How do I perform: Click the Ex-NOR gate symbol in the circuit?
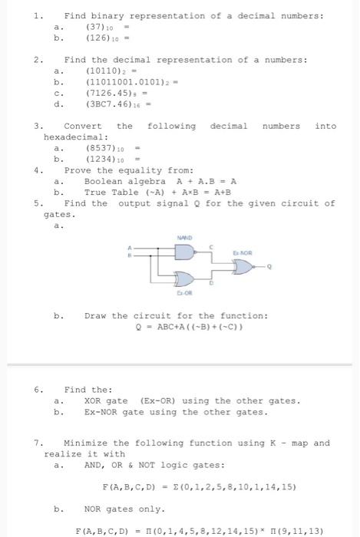[x=243, y=267]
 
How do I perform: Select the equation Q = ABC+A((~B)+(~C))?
[x=190, y=327]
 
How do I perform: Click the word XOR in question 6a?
[x=94, y=400]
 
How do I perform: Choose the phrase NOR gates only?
[x=124, y=508]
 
